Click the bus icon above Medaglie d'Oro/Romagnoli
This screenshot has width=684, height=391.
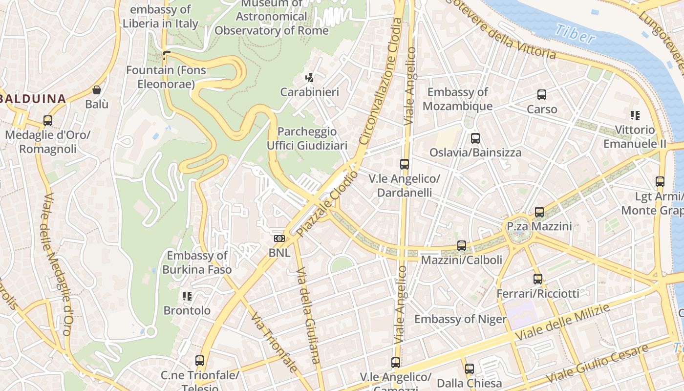tap(47, 120)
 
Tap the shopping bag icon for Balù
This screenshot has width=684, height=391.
tap(97, 90)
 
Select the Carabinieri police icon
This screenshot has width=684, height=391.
tap(309, 77)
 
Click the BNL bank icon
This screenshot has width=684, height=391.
tap(279, 239)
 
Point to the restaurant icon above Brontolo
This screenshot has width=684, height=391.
tap(187, 296)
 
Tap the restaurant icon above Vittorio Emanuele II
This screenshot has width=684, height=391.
tap(635, 115)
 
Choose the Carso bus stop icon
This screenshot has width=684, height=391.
tap(542, 94)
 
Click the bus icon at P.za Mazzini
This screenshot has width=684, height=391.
tap(539, 212)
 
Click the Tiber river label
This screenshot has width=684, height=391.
tap(575, 34)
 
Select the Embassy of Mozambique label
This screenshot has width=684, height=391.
tap(457, 99)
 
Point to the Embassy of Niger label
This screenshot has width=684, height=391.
tap(460, 319)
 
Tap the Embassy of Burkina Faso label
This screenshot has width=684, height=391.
tap(197, 262)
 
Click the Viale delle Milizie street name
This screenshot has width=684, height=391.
tap(563, 323)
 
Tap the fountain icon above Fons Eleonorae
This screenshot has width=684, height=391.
tap(166, 55)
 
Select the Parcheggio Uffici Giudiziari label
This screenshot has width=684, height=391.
tap(307, 138)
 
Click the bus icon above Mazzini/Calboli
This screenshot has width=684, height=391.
tap(461, 245)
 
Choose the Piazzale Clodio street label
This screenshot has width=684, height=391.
tap(327, 203)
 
